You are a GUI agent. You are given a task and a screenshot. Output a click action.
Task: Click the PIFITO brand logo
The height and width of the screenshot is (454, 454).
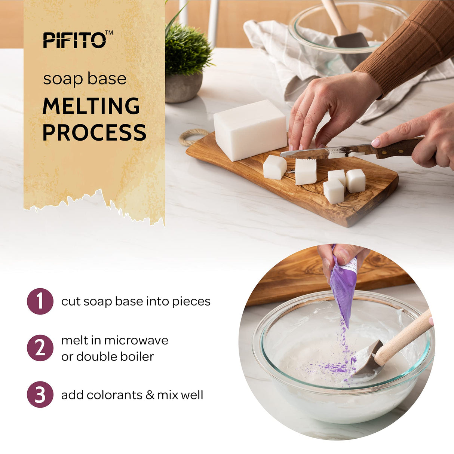coord(77,40)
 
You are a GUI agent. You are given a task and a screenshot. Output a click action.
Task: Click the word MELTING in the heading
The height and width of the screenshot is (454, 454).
coord(91,106)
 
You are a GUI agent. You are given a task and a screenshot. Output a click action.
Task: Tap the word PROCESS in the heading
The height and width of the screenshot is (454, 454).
coord(94,132)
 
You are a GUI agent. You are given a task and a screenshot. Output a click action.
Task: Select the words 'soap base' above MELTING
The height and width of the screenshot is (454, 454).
coord(85,79)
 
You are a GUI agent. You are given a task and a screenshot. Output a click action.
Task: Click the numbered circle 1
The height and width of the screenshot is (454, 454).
coord(40,301)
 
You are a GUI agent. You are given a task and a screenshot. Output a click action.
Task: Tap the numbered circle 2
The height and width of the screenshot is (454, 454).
coord(40,348)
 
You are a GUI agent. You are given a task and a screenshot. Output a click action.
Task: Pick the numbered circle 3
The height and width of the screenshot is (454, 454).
coord(40,395)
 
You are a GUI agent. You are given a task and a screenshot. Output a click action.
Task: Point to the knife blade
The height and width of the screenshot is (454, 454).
coord(325,151)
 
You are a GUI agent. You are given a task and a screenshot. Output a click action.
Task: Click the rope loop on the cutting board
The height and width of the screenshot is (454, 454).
coord(191,137)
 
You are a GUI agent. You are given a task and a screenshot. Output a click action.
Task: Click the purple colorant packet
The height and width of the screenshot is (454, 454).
coord(343,284)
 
